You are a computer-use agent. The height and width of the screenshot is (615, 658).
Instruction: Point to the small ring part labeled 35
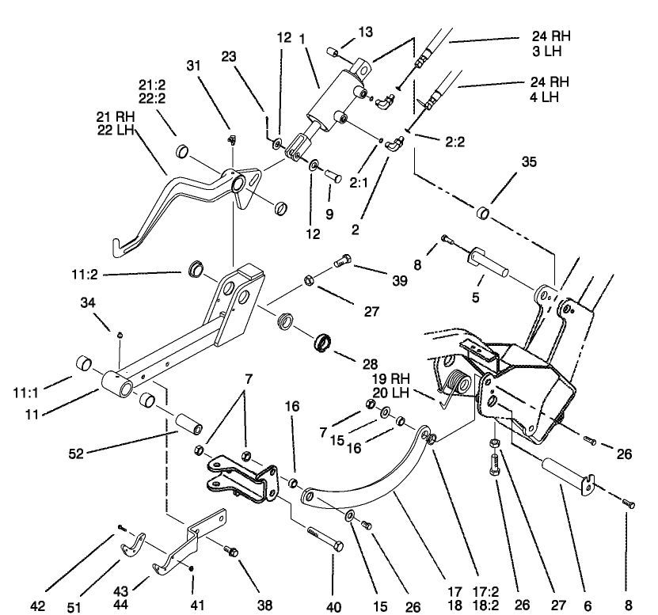coord(482,214)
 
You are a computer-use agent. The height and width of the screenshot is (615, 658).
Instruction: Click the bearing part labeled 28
coord(322,344)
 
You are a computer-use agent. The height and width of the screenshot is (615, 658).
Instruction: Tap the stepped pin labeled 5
coord(489,261)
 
